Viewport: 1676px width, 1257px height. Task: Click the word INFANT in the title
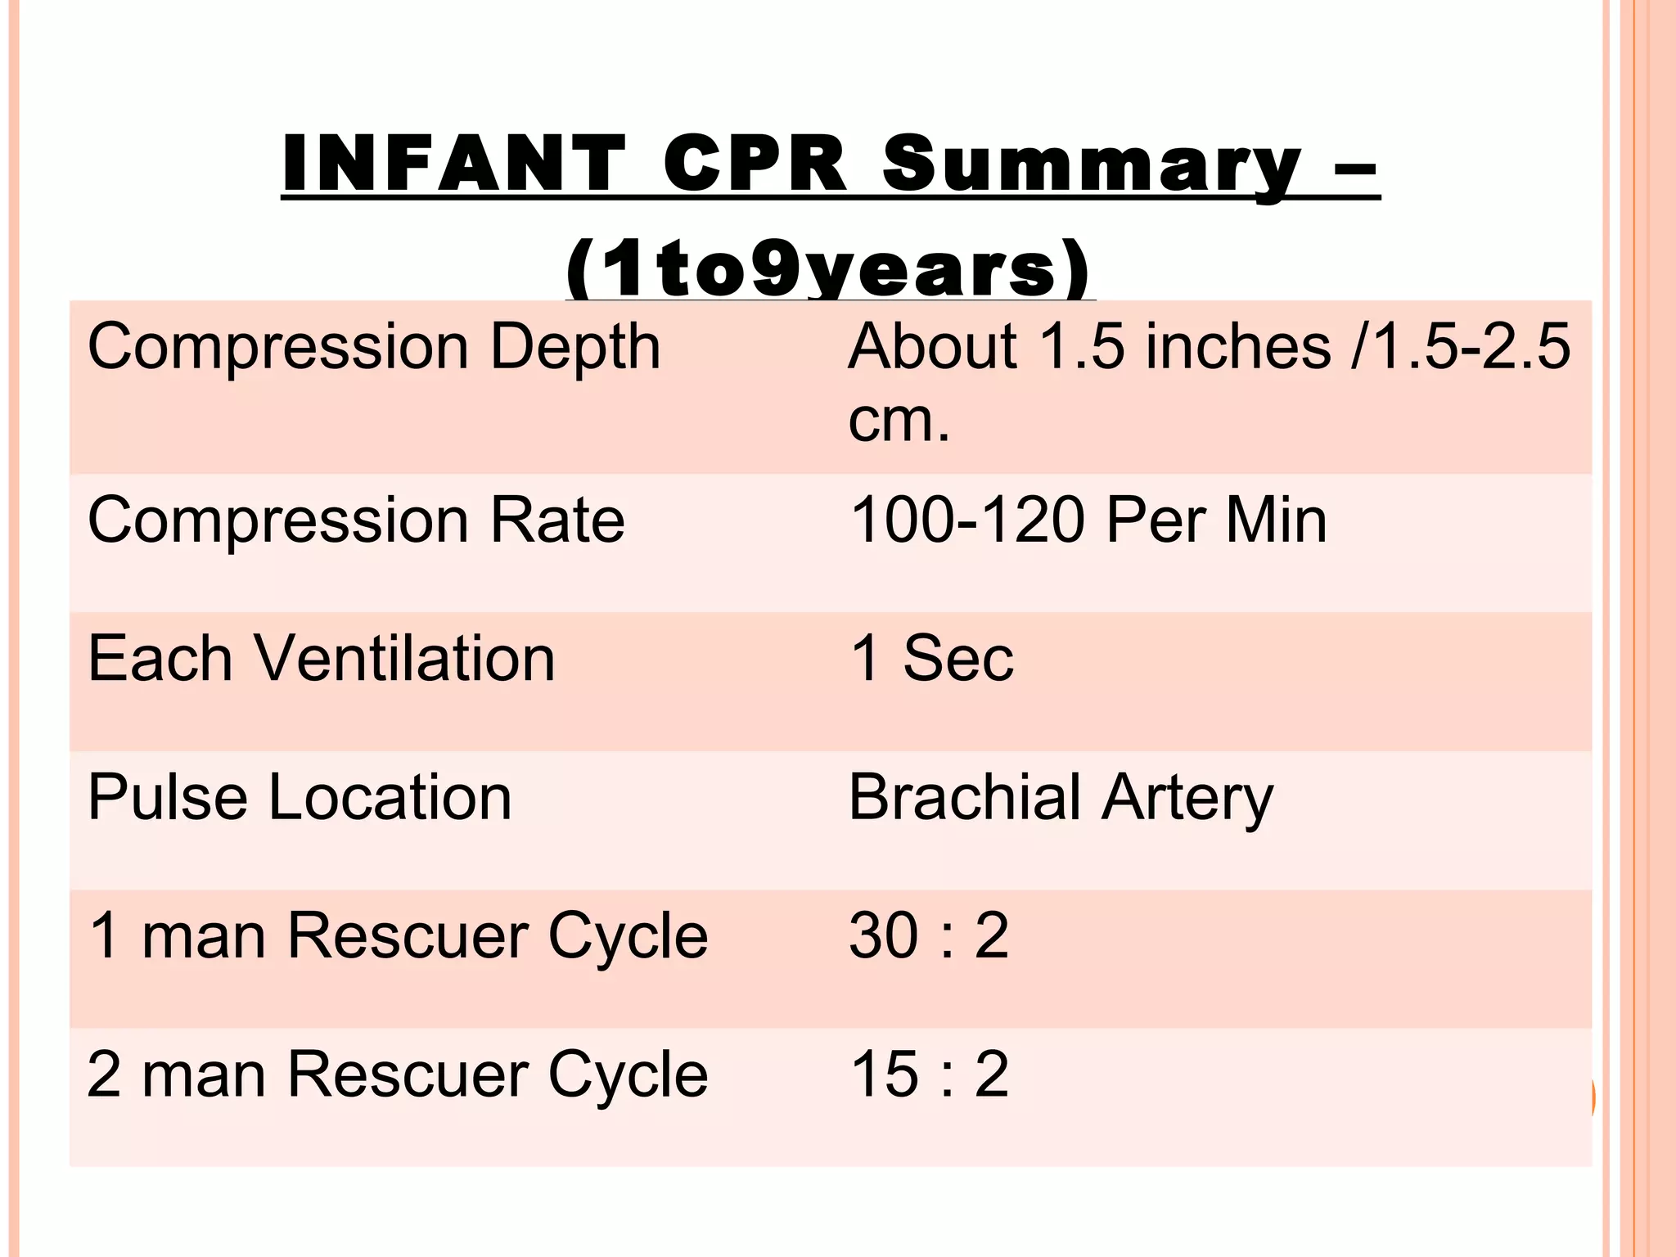453,164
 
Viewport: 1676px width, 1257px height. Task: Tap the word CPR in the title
754,164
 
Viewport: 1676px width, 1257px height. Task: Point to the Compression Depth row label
373,347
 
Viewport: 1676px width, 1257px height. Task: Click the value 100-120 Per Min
1088,520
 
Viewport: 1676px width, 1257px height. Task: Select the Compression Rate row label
356,520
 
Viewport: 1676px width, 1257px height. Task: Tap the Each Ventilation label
321,659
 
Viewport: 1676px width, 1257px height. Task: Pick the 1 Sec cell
931,659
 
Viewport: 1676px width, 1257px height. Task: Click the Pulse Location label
300,798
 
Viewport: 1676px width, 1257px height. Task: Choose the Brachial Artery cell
1061,798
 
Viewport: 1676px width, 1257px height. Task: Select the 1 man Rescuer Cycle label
397,935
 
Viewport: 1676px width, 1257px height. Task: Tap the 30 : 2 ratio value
929,935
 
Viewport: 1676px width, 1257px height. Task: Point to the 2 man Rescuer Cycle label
397,1075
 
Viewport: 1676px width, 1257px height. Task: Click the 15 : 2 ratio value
929,1075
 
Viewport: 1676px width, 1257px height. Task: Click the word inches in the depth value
1237,347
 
